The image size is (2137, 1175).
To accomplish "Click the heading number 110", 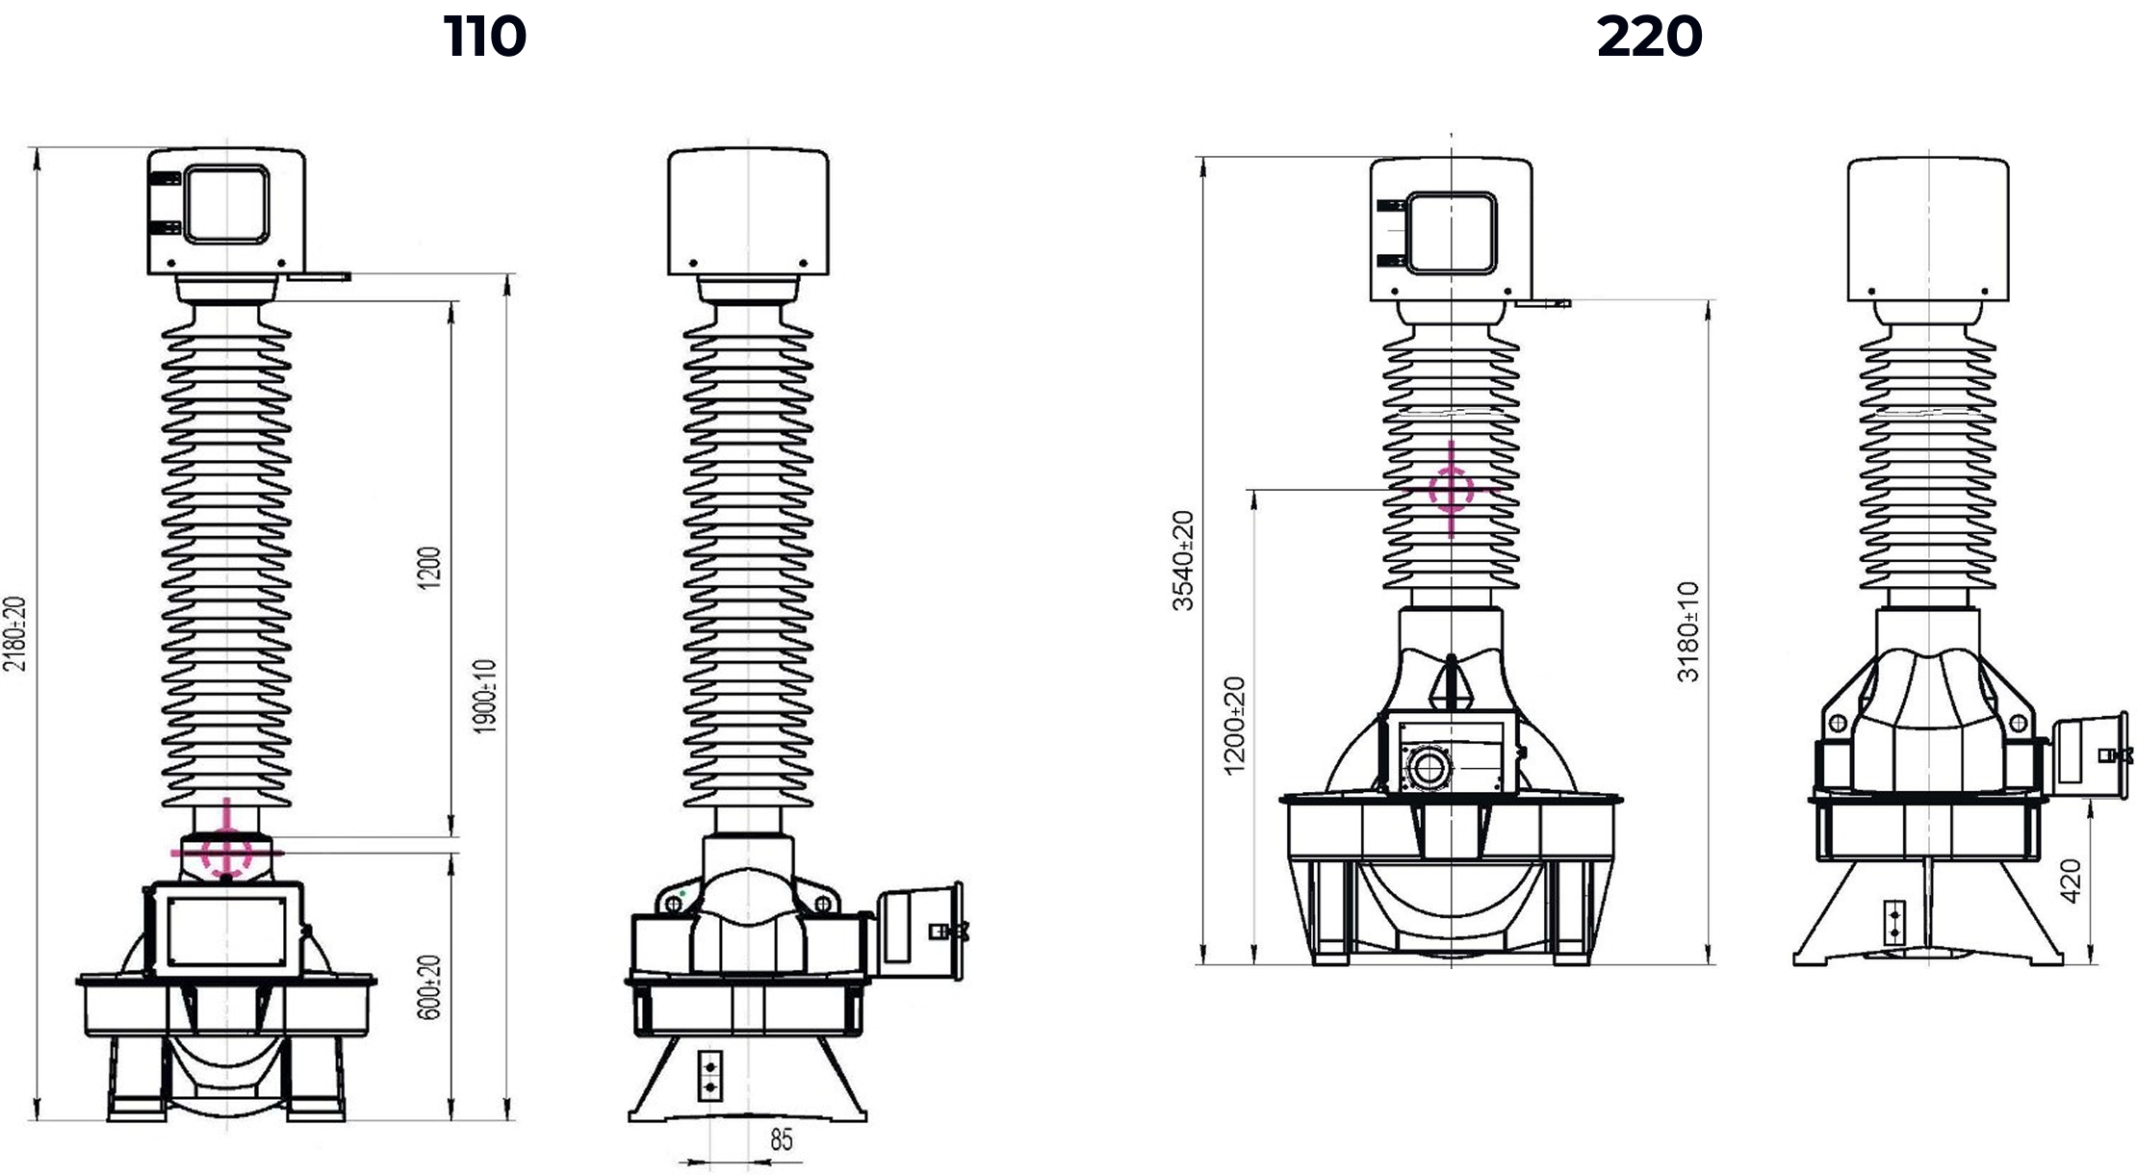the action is [485, 37].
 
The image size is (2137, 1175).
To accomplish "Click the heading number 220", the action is [1650, 37].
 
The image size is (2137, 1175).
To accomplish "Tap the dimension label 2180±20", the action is [15, 633].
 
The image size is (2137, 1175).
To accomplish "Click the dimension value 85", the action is [782, 1140].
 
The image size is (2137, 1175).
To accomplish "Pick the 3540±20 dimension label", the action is [1183, 560].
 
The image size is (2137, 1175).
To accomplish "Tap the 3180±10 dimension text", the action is [1688, 631].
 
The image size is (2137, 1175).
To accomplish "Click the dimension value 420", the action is [2071, 881].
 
